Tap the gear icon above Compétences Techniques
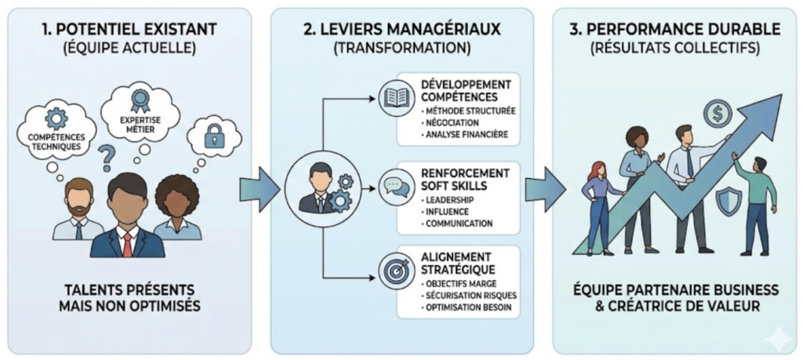click(x=57, y=118)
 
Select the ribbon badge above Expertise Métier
click(x=139, y=99)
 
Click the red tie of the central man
click(x=127, y=245)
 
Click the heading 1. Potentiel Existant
click(x=128, y=30)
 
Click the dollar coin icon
click(x=717, y=115)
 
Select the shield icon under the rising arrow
click(x=728, y=202)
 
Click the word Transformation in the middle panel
click(x=401, y=49)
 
